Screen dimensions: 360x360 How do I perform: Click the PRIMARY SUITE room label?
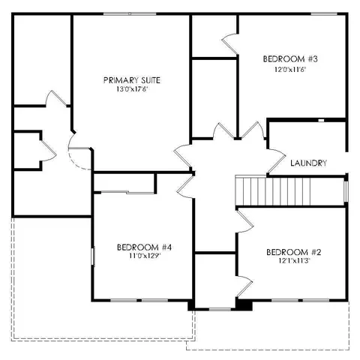[x=132, y=80]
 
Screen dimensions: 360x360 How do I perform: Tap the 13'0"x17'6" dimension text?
[x=133, y=89]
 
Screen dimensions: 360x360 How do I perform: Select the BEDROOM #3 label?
[x=290, y=59]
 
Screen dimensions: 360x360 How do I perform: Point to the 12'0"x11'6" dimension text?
[x=290, y=70]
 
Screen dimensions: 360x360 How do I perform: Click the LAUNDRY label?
[x=308, y=163]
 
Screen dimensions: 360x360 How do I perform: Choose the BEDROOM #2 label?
[x=294, y=252]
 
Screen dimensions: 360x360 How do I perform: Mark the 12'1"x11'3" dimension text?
[x=294, y=261]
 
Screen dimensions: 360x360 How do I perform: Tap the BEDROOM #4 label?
[x=144, y=247]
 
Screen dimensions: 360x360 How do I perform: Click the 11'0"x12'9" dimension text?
[x=145, y=256]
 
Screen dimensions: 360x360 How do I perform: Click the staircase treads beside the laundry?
[x=273, y=191]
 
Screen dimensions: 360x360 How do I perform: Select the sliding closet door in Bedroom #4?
[x=127, y=192]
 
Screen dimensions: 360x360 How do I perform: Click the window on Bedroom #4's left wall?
[x=93, y=256]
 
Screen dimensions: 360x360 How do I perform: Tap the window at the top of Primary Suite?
[x=130, y=13]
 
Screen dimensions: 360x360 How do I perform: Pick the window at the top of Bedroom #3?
[x=324, y=13]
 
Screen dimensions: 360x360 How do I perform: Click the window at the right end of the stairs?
[x=346, y=191]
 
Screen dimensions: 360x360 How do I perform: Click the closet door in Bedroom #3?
[x=230, y=43]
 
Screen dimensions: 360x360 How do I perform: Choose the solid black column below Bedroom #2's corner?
[x=244, y=304]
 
